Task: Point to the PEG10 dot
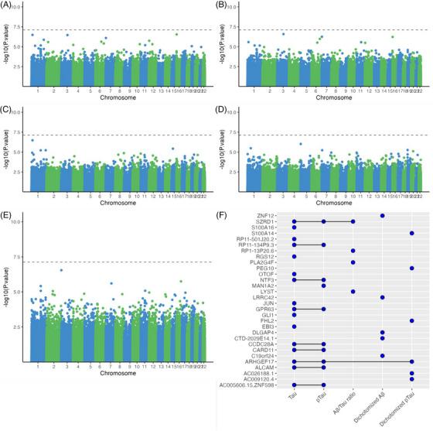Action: tap(412, 268)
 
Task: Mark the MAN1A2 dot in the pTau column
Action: tap(323, 286)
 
